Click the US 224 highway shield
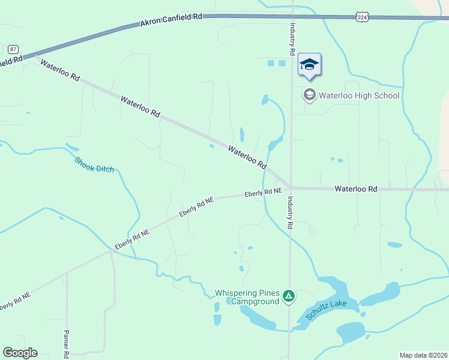tap(361, 18)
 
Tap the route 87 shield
tap(13, 49)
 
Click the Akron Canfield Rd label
tap(170, 20)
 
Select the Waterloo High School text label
tap(358, 95)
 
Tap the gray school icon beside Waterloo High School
tap(309, 95)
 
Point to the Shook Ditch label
tap(94, 165)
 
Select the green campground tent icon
tap(289, 296)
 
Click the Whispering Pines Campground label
tap(247, 297)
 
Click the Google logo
tap(20, 353)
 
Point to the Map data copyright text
tap(423, 355)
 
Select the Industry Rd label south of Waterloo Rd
tap(290, 213)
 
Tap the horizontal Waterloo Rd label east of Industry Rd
tap(356, 188)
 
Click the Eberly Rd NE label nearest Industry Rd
tap(263, 193)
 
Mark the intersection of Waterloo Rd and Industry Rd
tap(291, 187)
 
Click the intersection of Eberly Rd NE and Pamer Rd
tap(67, 273)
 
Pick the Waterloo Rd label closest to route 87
tap(59, 70)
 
